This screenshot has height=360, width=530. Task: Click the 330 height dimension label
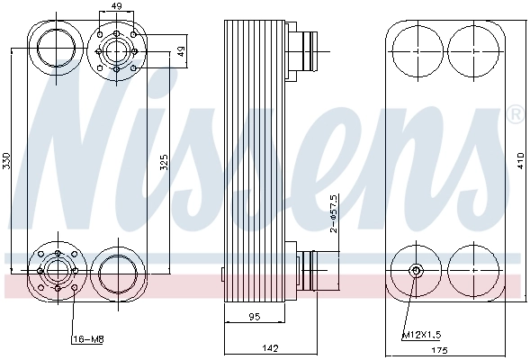coord(8,161)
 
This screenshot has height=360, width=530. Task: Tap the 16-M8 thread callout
coord(85,339)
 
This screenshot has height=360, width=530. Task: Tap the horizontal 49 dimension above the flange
coord(116,6)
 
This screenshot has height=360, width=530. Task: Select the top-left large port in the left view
coord(56,46)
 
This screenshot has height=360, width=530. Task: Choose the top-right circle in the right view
coord(472,45)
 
